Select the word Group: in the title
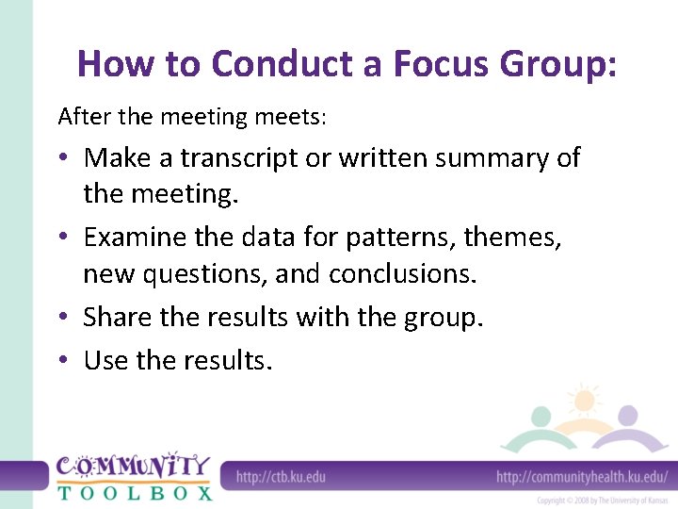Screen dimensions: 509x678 tap(557, 64)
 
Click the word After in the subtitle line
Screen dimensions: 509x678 tap(82, 117)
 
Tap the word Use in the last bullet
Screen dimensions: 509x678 tap(105, 360)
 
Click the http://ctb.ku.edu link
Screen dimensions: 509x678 tap(281, 476)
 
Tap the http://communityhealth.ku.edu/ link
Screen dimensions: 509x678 tap(582, 476)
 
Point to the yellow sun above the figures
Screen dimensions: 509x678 tap(584, 401)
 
